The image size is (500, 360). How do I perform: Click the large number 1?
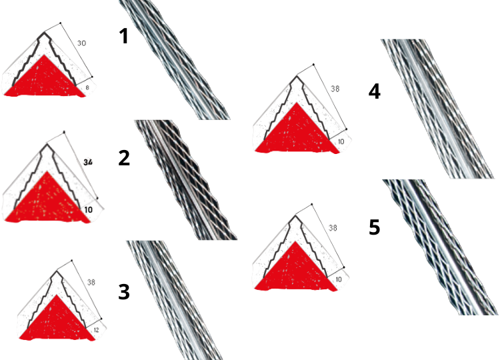coord(124,36)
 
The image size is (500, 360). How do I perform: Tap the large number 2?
coord(124,158)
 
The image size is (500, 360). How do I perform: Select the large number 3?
coord(124,292)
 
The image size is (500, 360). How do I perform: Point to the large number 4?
coord(375,91)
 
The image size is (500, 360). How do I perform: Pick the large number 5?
coord(375,227)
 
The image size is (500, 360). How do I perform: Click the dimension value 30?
coord(81,43)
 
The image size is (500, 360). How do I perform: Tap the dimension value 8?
coord(87,87)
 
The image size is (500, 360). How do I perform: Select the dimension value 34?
coord(88,162)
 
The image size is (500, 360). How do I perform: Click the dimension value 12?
coord(96,330)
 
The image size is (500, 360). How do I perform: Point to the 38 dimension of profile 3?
coord(91,282)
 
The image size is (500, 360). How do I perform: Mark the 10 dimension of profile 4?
coord(341,141)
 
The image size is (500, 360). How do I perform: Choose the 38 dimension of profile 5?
coord(333,228)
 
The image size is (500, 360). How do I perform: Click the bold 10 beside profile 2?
coord(88,209)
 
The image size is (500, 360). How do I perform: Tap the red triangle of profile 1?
coord(44,78)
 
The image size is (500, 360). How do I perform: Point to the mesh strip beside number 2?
coord(186,180)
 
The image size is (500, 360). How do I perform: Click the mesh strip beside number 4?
coord(437,109)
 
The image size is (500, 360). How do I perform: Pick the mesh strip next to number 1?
coord(175,60)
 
